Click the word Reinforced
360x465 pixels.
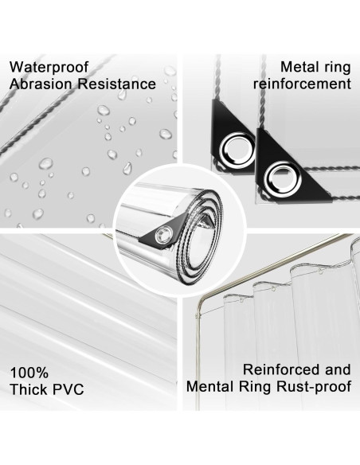tap(281, 370)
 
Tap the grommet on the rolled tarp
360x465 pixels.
tap(166, 233)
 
